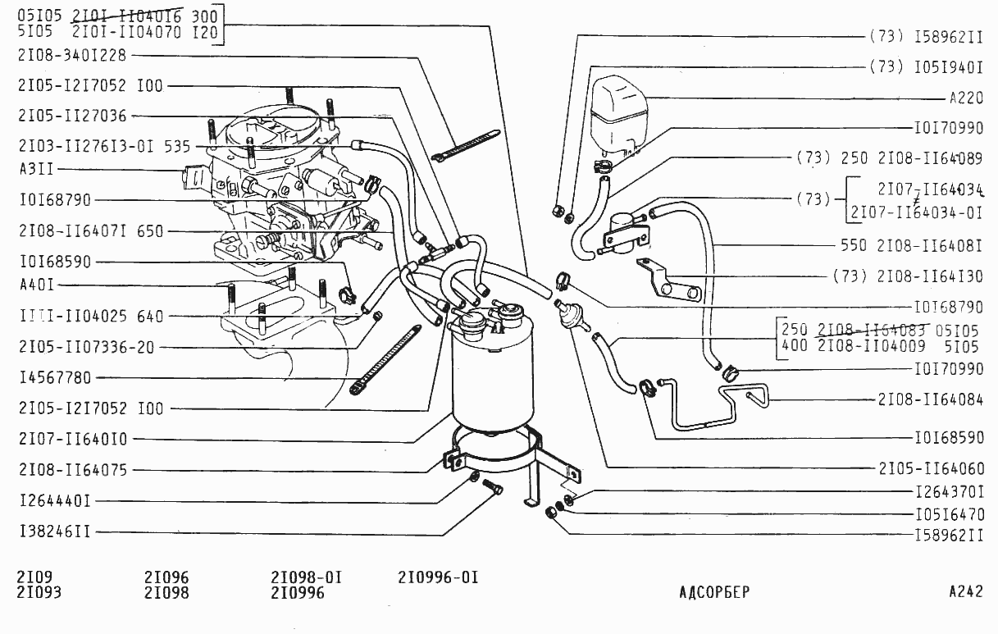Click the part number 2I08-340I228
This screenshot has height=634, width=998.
click(73, 56)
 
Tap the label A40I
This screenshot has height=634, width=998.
click(36, 285)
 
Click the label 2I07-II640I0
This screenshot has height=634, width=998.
click(73, 439)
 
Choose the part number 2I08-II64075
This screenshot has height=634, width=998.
click(73, 471)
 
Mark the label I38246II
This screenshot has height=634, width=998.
click(55, 532)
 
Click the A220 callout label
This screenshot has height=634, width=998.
click(966, 98)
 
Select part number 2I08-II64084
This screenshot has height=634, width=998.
click(930, 399)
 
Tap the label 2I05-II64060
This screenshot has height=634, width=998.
click(930, 468)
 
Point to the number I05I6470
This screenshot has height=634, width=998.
click(948, 515)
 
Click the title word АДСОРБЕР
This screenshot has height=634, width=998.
click(714, 592)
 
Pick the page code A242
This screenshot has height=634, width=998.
click(965, 592)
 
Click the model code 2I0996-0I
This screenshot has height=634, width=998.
click(438, 577)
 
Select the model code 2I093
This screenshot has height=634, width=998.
click(39, 592)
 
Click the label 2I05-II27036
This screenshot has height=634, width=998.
click(73, 116)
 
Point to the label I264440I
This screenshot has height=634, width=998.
click(55, 500)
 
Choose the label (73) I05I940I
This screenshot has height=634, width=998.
click(926, 66)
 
